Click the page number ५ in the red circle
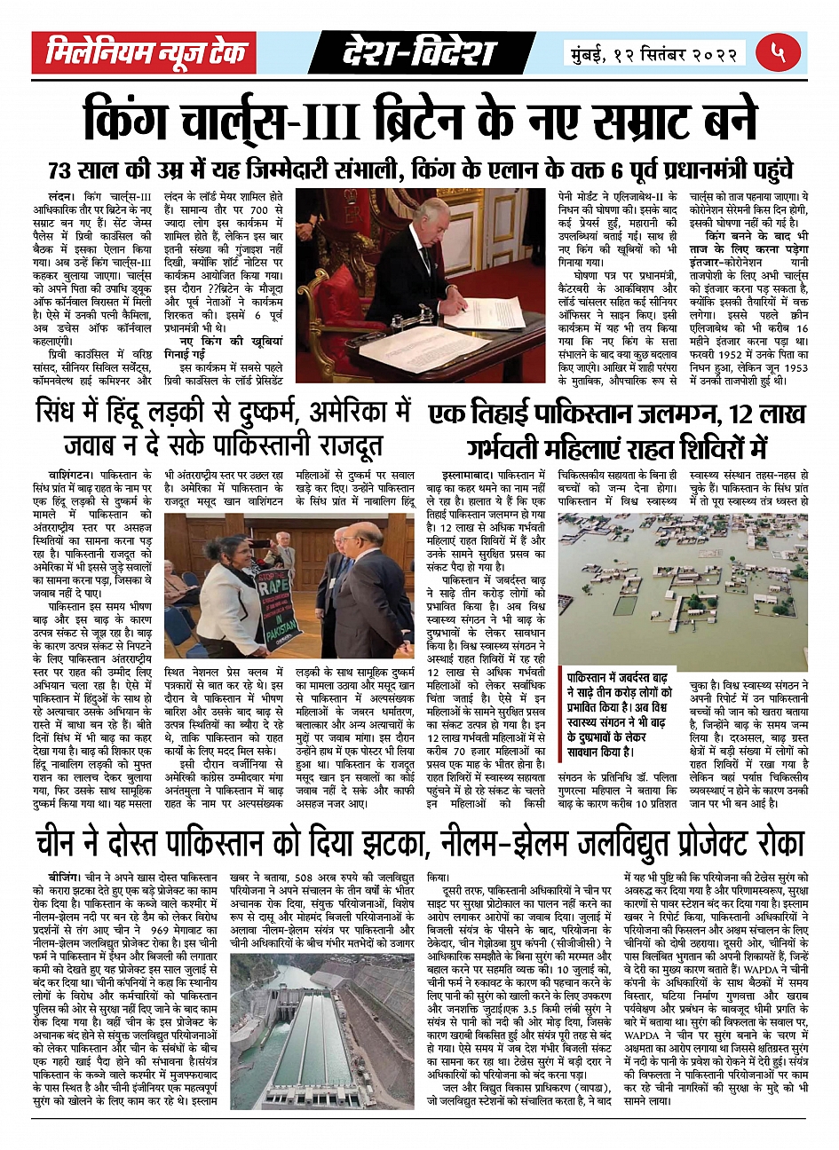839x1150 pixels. coord(778,52)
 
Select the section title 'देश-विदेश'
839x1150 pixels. coord(418,54)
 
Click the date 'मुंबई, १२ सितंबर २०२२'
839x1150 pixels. coord(653,54)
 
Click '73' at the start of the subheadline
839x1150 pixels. coord(66,170)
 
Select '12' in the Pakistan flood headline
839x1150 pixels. coord(743,414)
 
